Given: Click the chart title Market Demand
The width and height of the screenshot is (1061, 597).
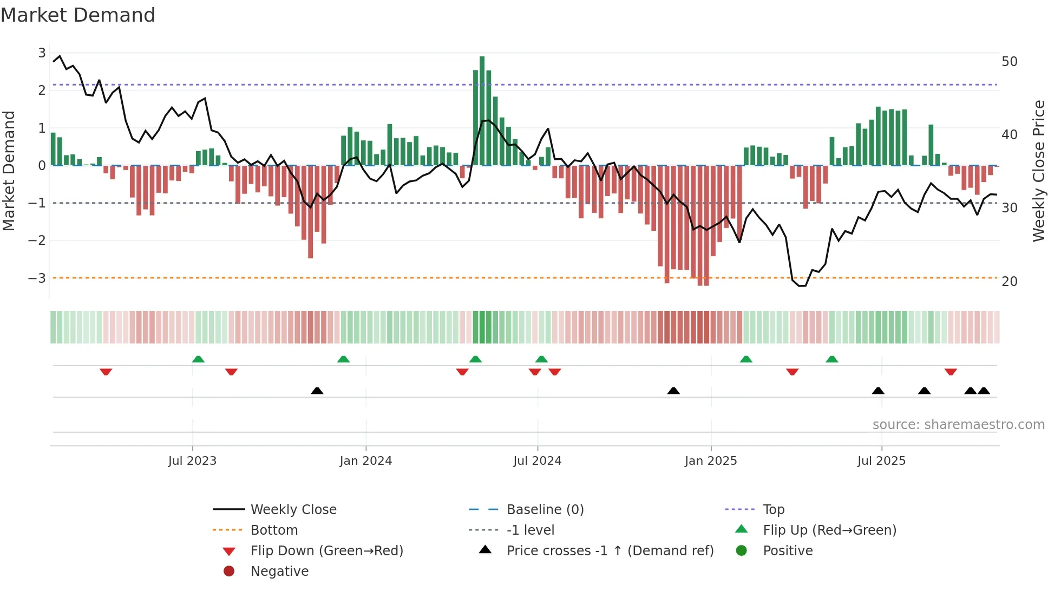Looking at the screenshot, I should pos(78,15).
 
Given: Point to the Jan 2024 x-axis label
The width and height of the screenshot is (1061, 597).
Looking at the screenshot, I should pos(365,461).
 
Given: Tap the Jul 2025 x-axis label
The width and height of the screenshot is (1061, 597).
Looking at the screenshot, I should pos(881,461).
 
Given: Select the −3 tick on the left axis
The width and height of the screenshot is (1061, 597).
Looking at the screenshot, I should pos(37,278).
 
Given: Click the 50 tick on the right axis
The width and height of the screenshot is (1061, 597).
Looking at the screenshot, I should pos(1009,62).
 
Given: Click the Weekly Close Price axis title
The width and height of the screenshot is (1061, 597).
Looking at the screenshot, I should pos(1038,171).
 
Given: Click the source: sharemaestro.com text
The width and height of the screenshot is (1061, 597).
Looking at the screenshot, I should pos(958,425).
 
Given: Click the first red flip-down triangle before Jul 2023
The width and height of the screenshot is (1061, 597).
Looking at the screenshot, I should pos(106,372).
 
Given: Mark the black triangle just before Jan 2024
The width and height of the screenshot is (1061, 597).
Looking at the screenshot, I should pos(317,391).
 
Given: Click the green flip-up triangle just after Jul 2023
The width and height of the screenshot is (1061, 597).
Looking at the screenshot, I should pos(198,359).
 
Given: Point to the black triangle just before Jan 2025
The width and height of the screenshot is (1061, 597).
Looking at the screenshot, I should pos(673,391).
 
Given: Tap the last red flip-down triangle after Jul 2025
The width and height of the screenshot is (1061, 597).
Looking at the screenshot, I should pos(951,372).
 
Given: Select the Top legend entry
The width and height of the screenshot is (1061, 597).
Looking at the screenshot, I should pos(773,510).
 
